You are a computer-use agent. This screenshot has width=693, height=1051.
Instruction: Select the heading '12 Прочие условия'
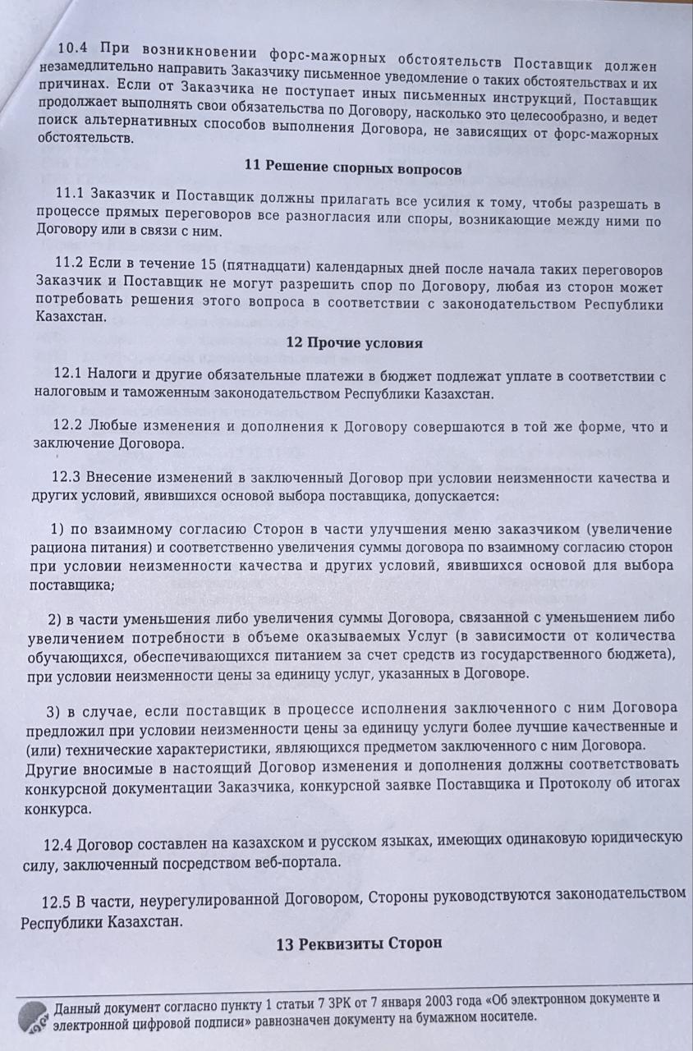point(355,342)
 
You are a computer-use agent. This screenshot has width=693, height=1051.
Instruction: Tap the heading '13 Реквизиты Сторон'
point(360,943)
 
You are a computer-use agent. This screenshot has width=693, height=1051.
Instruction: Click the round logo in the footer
point(30,1016)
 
